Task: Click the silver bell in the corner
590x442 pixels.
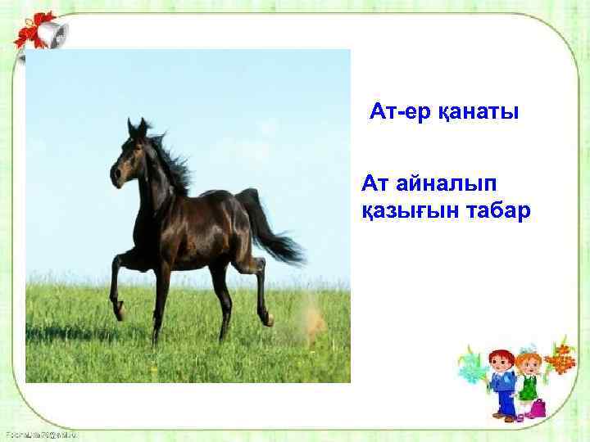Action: [52, 34]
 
